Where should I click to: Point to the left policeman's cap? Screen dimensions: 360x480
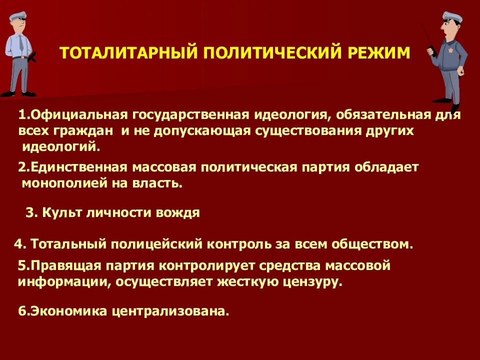coord(18,16)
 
